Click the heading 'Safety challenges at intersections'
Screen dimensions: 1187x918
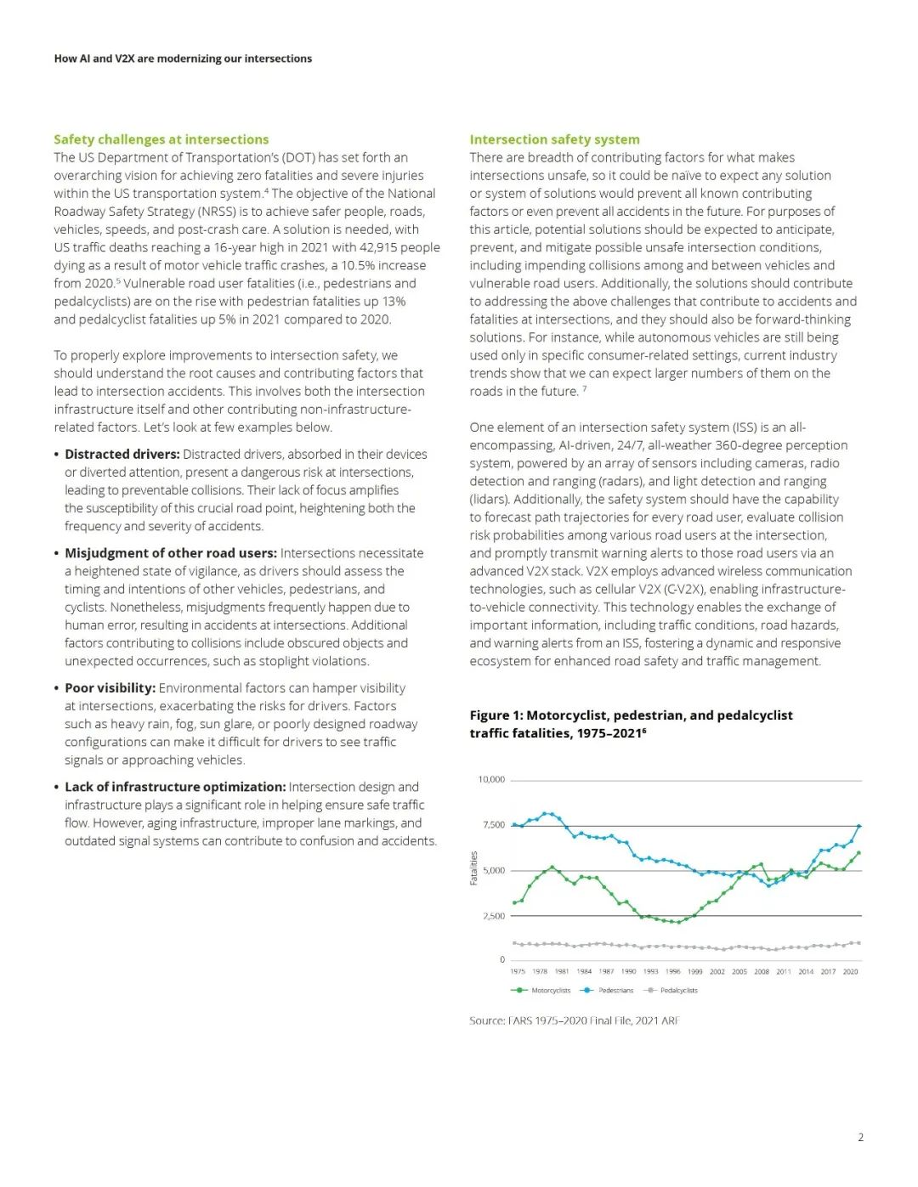[x=161, y=139]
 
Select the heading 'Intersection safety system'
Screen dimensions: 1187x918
[x=554, y=139]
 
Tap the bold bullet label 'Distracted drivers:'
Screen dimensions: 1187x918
[x=122, y=455]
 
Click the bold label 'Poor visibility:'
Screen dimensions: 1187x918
[x=110, y=688]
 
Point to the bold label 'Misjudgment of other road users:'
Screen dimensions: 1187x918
[x=171, y=553]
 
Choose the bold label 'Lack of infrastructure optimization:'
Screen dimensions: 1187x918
[x=175, y=787]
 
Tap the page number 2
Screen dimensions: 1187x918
[x=860, y=1137]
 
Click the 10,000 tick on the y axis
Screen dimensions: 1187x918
[x=491, y=779]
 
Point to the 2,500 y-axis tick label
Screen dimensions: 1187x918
[x=493, y=916]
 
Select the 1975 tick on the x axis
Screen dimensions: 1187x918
[x=518, y=971]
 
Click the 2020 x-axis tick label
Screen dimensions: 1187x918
[x=850, y=971]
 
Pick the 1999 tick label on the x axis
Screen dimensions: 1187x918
[x=694, y=971]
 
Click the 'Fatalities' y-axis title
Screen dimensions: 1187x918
[x=473, y=868]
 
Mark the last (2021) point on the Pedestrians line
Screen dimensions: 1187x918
[x=858, y=826]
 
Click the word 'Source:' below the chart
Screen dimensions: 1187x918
[x=487, y=1020]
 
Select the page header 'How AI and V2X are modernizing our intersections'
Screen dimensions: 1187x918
[x=183, y=59]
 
